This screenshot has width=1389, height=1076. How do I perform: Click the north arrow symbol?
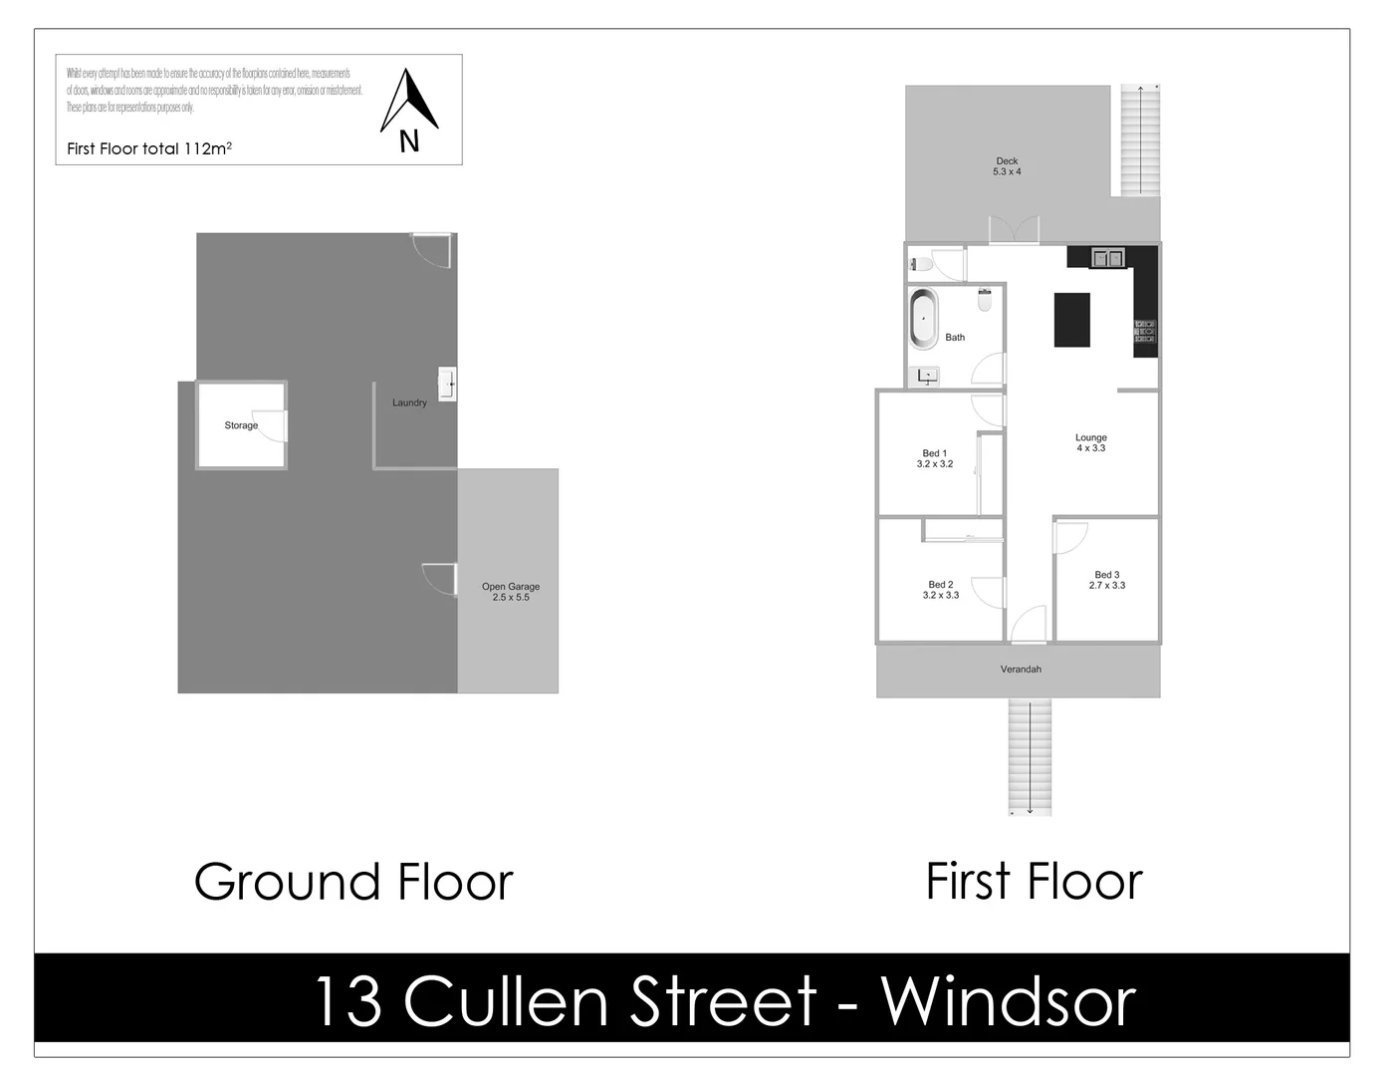tap(409, 102)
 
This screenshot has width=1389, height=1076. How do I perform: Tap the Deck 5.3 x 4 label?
tap(1007, 166)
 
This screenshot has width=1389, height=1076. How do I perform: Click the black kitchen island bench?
tap(1072, 319)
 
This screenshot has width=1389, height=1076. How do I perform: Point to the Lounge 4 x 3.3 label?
tap(1090, 443)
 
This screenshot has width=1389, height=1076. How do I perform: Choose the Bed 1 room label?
tap(934, 458)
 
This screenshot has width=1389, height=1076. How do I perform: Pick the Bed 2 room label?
tap(940, 590)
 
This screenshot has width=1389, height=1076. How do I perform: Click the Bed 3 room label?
tap(1106, 580)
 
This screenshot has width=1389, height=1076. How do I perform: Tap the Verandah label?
tap(1020, 670)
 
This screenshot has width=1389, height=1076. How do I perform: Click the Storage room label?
tap(241, 425)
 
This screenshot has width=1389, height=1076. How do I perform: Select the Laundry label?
tap(409, 403)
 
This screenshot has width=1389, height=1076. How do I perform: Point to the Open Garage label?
tap(511, 592)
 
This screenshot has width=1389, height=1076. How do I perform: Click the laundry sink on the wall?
tap(448, 383)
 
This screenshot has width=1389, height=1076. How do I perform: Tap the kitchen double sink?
tap(1107, 259)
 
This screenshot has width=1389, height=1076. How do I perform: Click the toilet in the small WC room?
tap(921, 265)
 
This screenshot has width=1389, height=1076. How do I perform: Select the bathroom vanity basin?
tap(927, 377)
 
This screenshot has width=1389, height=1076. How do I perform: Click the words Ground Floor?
tap(353, 882)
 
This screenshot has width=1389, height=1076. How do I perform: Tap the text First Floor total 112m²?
tap(149, 148)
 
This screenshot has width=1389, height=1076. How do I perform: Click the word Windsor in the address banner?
tap(1008, 1001)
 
